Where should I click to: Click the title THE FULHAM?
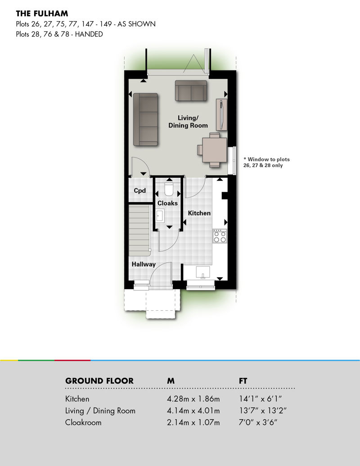42,14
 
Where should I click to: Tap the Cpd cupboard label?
139,190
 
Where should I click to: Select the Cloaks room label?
167,203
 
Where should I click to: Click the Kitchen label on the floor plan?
199,213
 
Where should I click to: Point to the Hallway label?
144,264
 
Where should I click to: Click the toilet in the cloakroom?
169,189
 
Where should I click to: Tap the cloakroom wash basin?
160,215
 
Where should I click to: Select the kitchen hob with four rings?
220,236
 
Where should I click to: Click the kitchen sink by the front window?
203,272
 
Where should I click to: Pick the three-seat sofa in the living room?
145,119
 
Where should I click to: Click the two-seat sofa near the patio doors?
191,90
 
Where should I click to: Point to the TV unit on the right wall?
221,114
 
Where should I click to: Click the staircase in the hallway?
139,230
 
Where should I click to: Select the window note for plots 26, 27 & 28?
266,162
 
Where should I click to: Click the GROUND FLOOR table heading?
99,381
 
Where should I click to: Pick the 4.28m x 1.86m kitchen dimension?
193,399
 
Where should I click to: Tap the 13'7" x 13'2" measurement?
263,411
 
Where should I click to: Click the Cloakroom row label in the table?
83,422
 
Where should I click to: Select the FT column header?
243,381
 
